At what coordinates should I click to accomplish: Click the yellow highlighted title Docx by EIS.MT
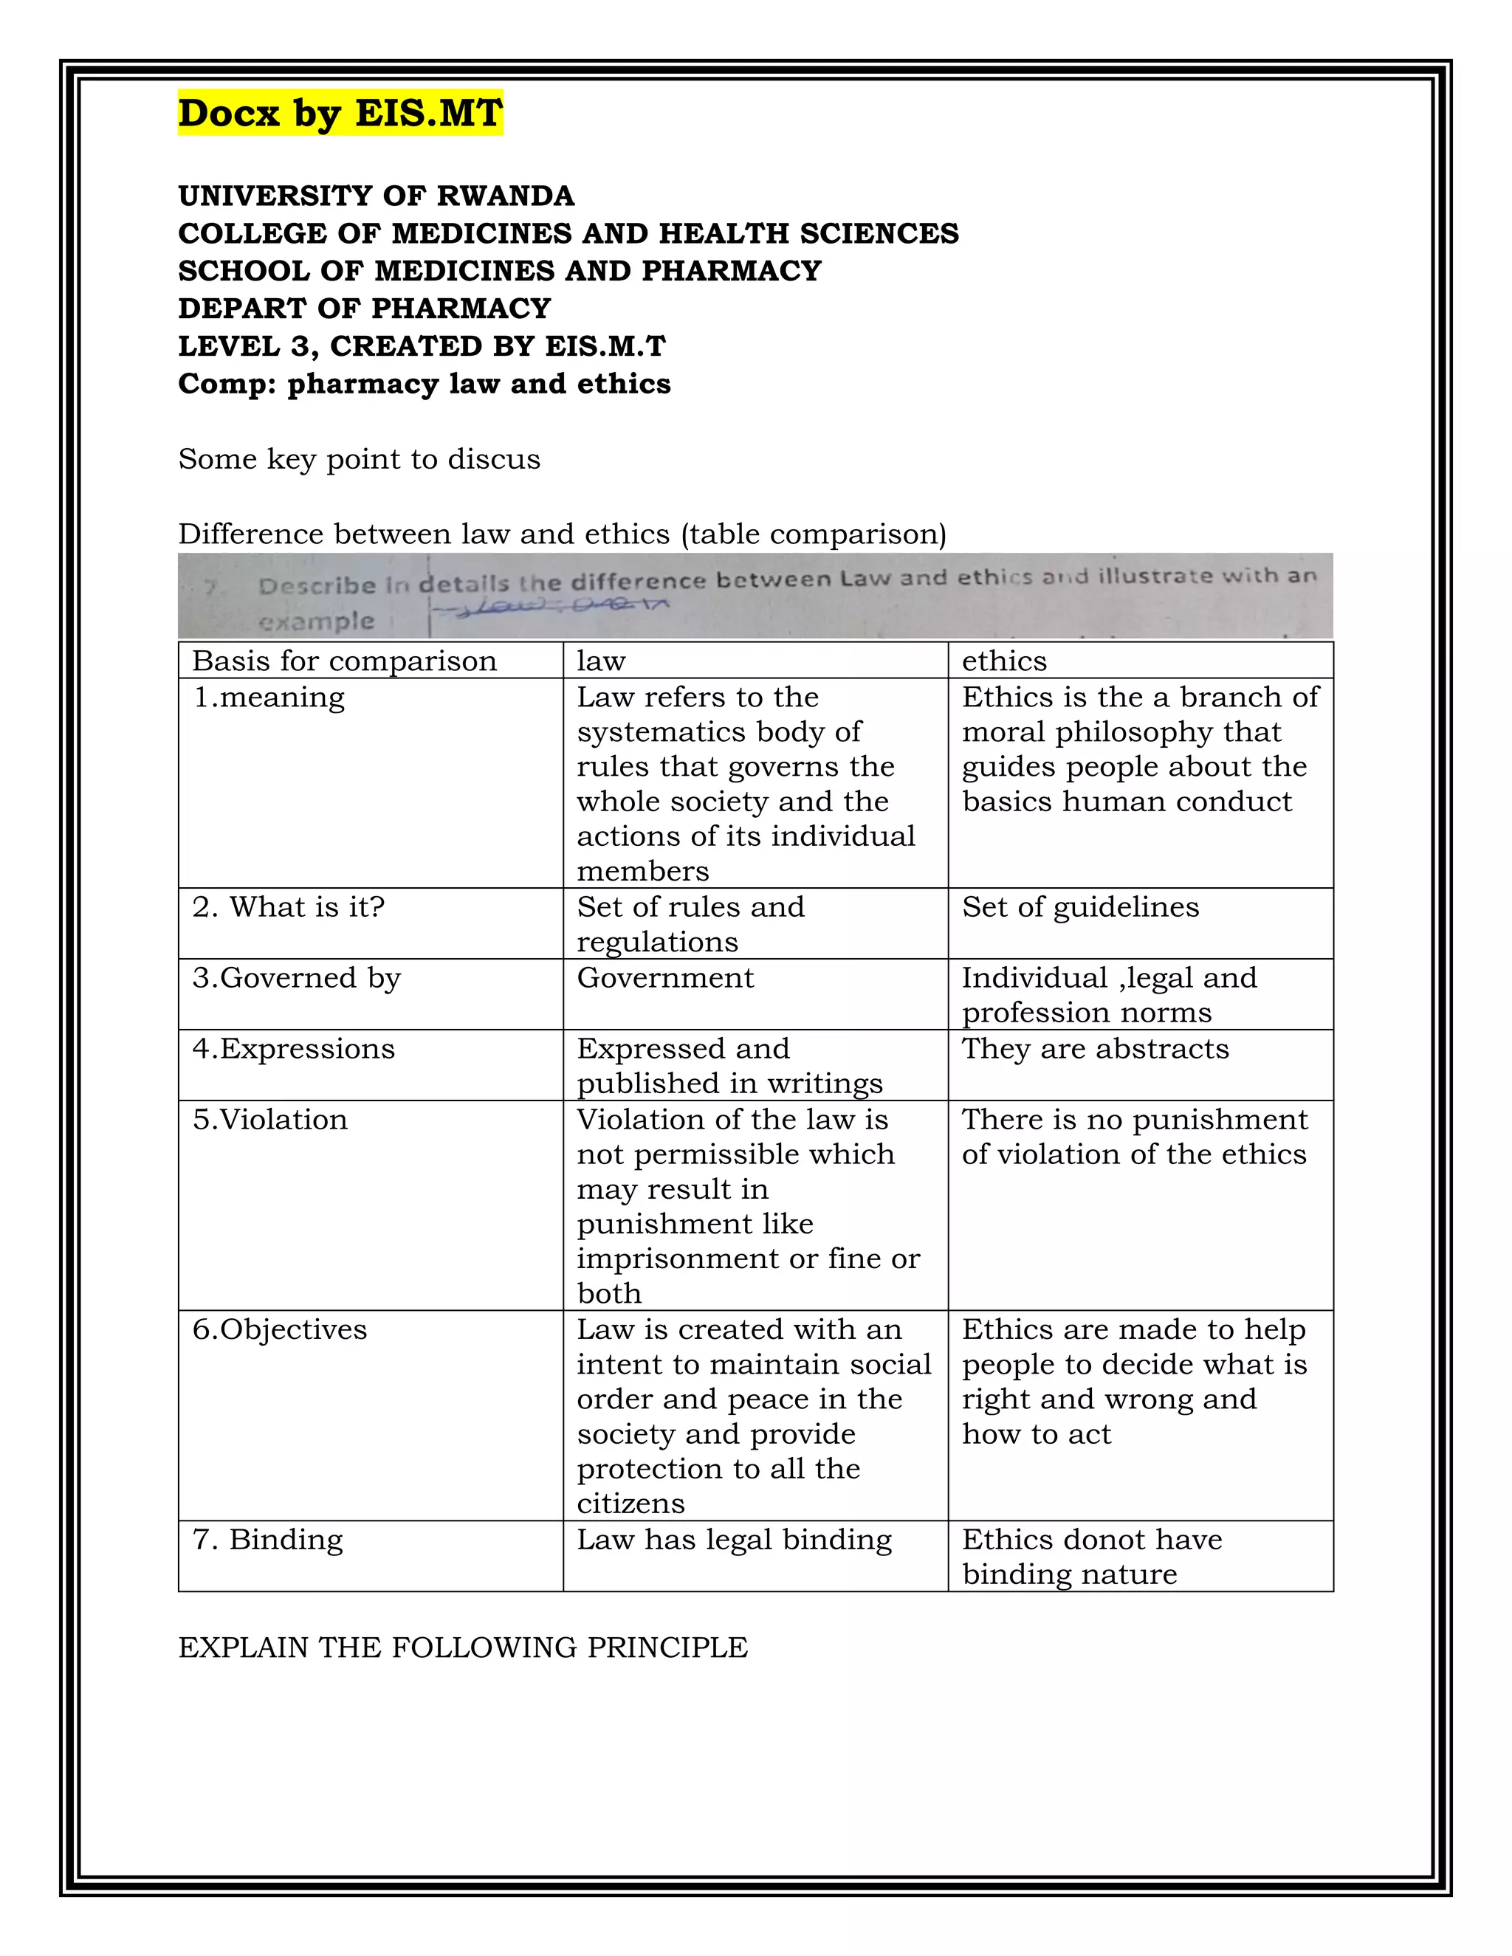click(340, 114)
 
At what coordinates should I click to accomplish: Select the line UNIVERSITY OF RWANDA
click(377, 196)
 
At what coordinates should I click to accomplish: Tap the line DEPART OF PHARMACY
click(365, 308)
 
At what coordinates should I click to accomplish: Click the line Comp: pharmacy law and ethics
click(425, 383)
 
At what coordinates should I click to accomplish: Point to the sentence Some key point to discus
click(360, 459)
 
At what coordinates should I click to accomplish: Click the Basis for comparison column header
click(345, 661)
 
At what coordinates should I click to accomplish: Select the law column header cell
click(601, 661)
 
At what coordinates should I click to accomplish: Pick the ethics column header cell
click(1004, 661)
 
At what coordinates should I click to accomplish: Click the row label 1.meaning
click(269, 697)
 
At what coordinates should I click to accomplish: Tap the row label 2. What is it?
click(289, 906)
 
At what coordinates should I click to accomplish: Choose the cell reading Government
click(665, 977)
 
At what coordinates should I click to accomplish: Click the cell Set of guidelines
click(1080, 906)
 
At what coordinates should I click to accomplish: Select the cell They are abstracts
click(1096, 1048)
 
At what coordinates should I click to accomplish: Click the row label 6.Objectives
click(280, 1329)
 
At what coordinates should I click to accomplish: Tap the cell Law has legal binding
click(735, 1539)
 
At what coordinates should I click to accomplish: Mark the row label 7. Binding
click(268, 1539)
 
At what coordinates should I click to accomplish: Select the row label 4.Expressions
click(294, 1048)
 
